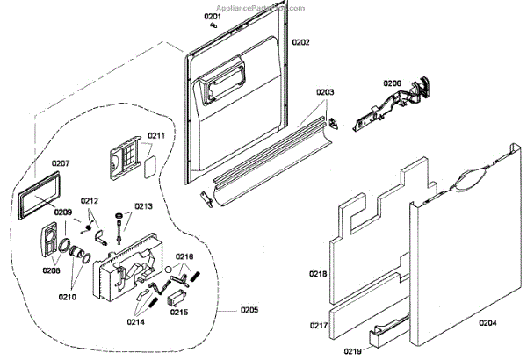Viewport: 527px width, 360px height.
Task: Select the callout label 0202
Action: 300,41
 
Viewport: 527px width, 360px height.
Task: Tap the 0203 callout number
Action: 324,91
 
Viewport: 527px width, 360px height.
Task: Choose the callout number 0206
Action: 392,83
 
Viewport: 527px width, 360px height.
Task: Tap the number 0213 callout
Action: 143,206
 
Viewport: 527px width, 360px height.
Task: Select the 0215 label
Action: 178,312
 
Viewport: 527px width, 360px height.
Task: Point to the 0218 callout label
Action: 318,275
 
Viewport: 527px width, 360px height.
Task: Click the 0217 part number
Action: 318,326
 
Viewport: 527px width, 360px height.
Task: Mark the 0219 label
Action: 352,351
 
